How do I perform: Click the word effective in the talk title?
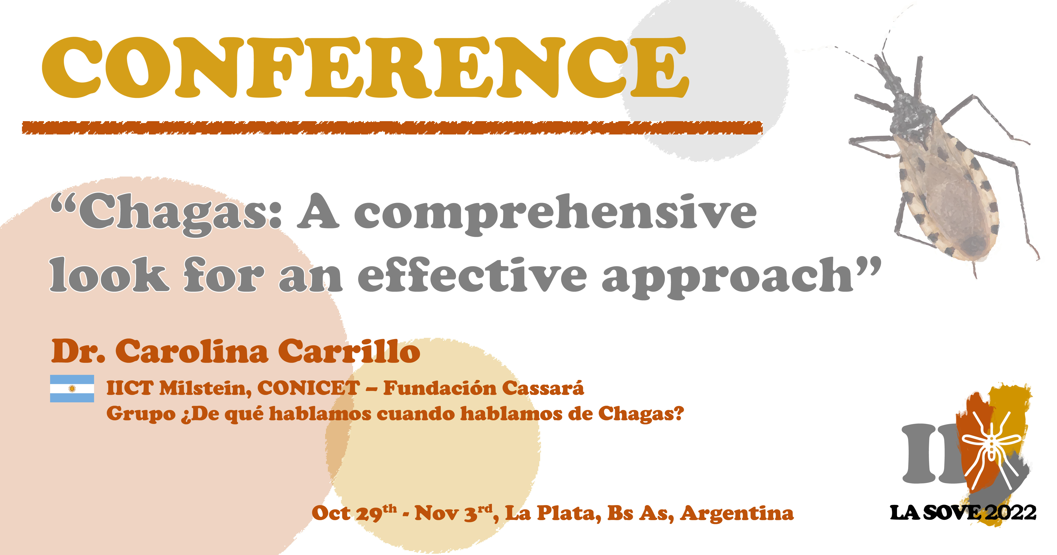472,275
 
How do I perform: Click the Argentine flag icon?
72,388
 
